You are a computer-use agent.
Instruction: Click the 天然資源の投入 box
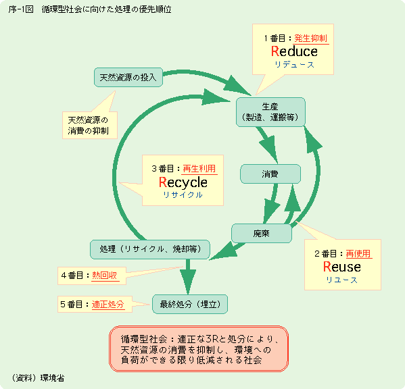[128, 76]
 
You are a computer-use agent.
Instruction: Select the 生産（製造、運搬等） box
[270, 111]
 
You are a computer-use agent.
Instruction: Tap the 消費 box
[270, 174]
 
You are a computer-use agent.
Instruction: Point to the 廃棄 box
[261, 233]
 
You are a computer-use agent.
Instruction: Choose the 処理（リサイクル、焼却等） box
[149, 249]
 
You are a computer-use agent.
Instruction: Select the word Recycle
[183, 182]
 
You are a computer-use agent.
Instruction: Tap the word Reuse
[342, 267]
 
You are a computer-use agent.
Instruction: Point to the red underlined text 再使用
[358, 253]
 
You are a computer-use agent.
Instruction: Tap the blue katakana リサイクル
[183, 194]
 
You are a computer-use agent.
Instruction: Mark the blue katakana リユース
[341, 280]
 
